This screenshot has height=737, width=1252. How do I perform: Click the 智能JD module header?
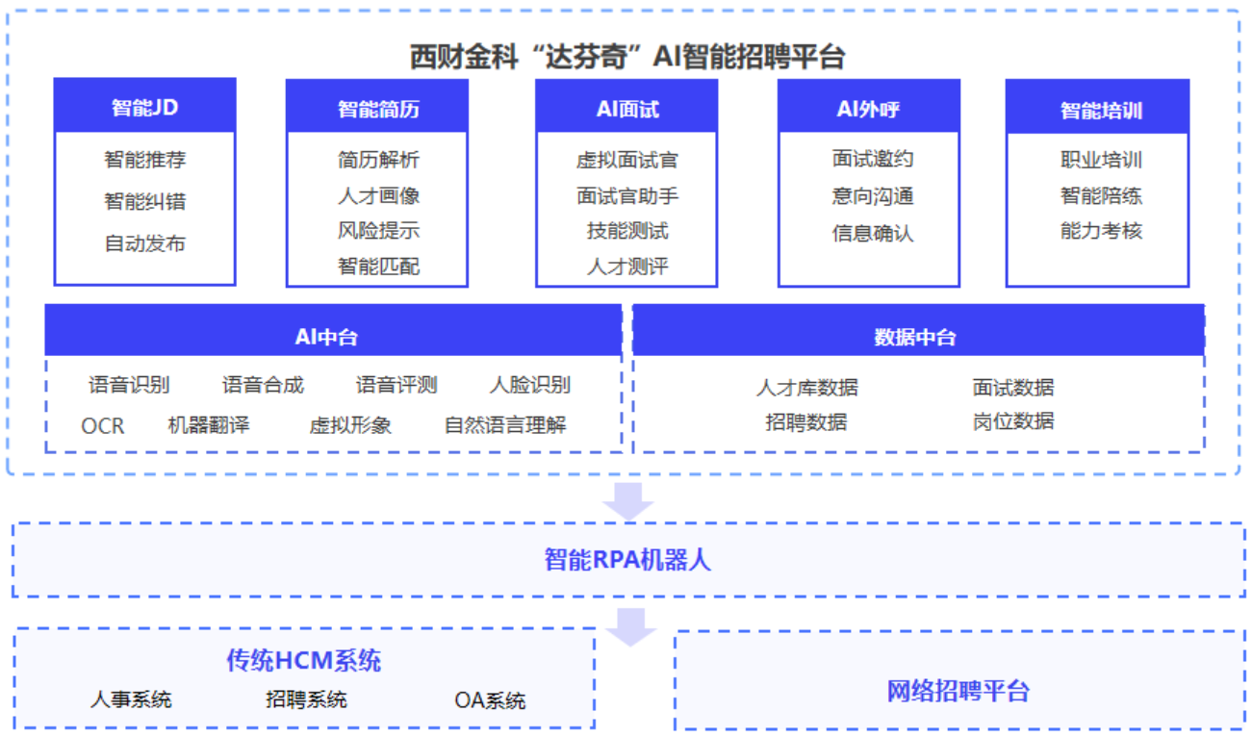[x=144, y=107]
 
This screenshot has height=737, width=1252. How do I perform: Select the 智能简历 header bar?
[x=377, y=108]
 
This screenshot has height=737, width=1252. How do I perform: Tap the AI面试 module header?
[x=626, y=108]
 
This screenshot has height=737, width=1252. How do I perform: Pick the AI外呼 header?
[x=868, y=108]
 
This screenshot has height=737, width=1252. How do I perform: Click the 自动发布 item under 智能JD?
[x=144, y=243]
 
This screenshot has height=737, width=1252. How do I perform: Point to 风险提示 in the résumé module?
[x=378, y=231]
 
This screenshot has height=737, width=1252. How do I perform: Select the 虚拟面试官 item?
[x=626, y=161]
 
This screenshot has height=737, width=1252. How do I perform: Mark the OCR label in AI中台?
[x=102, y=424]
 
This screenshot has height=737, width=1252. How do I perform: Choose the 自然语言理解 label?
[x=505, y=424]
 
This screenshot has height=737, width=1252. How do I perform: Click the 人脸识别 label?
[x=529, y=385]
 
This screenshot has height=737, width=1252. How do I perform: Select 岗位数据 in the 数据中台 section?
[x=1012, y=421]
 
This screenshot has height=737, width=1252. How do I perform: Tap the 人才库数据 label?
[x=806, y=387]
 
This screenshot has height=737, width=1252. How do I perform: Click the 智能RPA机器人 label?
[x=627, y=559]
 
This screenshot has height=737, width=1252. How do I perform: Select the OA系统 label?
[x=490, y=699]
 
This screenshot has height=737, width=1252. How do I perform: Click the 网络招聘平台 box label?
[x=958, y=690]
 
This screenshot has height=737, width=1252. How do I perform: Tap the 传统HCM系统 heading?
[x=304, y=660]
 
